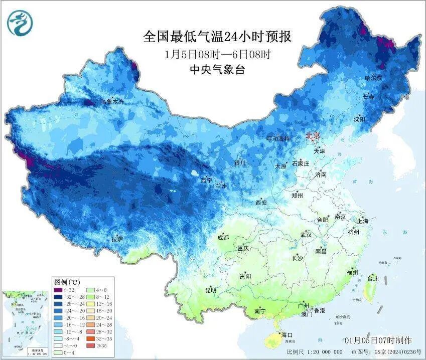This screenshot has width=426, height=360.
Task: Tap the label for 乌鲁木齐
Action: click(x=111, y=101)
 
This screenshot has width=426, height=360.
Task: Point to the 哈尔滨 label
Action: click(x=373, y=78)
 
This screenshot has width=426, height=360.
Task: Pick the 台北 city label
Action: click(x=372, y=278)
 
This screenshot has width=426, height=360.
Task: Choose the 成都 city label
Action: click(x=223, y=238)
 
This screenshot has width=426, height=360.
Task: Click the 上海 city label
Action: click(x=363, y=221)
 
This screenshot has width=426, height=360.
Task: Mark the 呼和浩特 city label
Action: click(x=278, y=138)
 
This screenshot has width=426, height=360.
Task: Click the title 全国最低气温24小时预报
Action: click(x=217, y=37)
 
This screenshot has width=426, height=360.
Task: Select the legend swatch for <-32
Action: click(x=58, y=290)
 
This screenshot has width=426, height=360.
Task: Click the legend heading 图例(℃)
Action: click(x=64, y=282)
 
